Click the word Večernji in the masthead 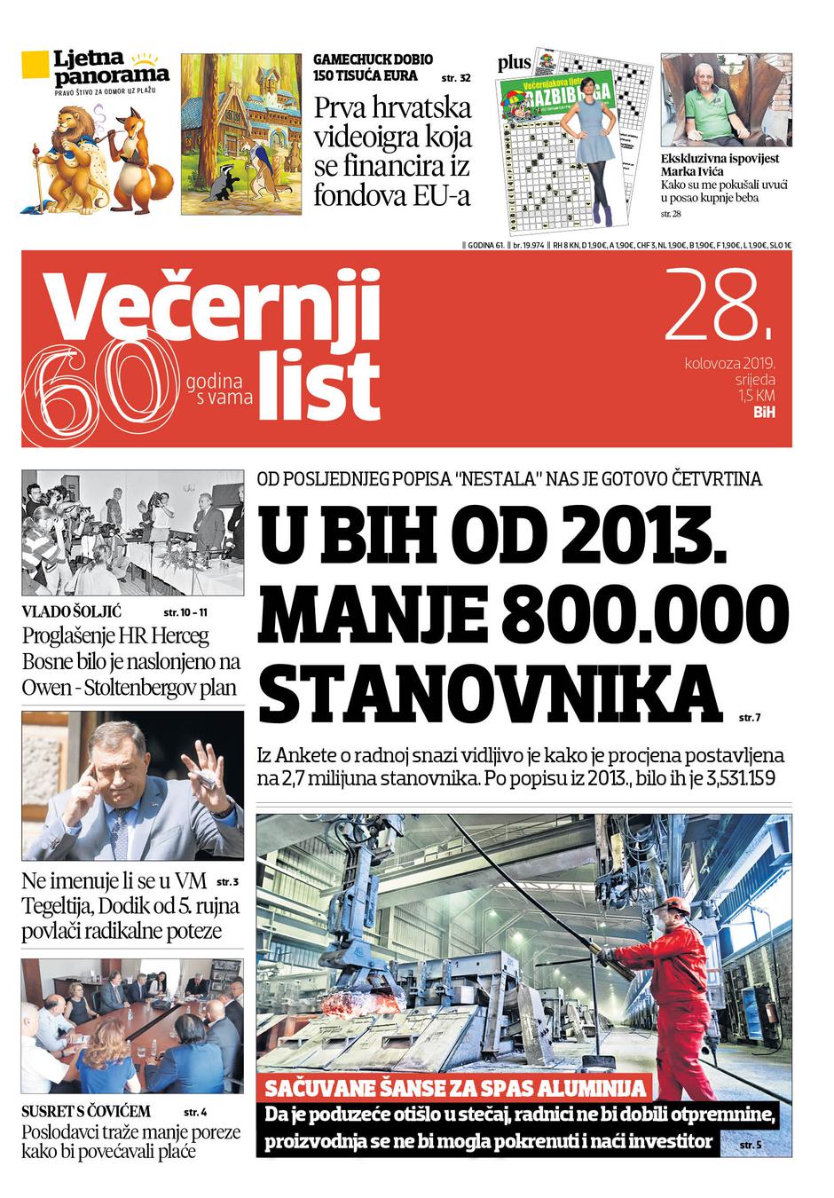point(213,306)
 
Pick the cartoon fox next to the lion point(138,160)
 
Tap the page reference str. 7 point(750,716)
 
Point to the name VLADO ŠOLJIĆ point(71,612)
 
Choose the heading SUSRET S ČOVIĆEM point(86,1111)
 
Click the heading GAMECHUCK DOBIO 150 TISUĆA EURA point(373,67)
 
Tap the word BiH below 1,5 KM point(764,413)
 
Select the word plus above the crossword point(515,62)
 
